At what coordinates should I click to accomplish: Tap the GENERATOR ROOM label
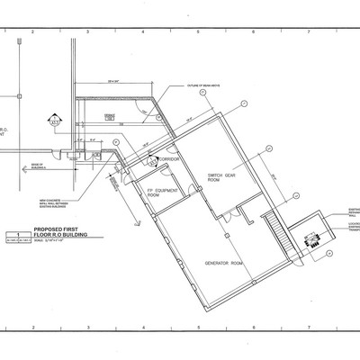click(224, 263)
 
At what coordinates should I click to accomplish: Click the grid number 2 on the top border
click(32, 32)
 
